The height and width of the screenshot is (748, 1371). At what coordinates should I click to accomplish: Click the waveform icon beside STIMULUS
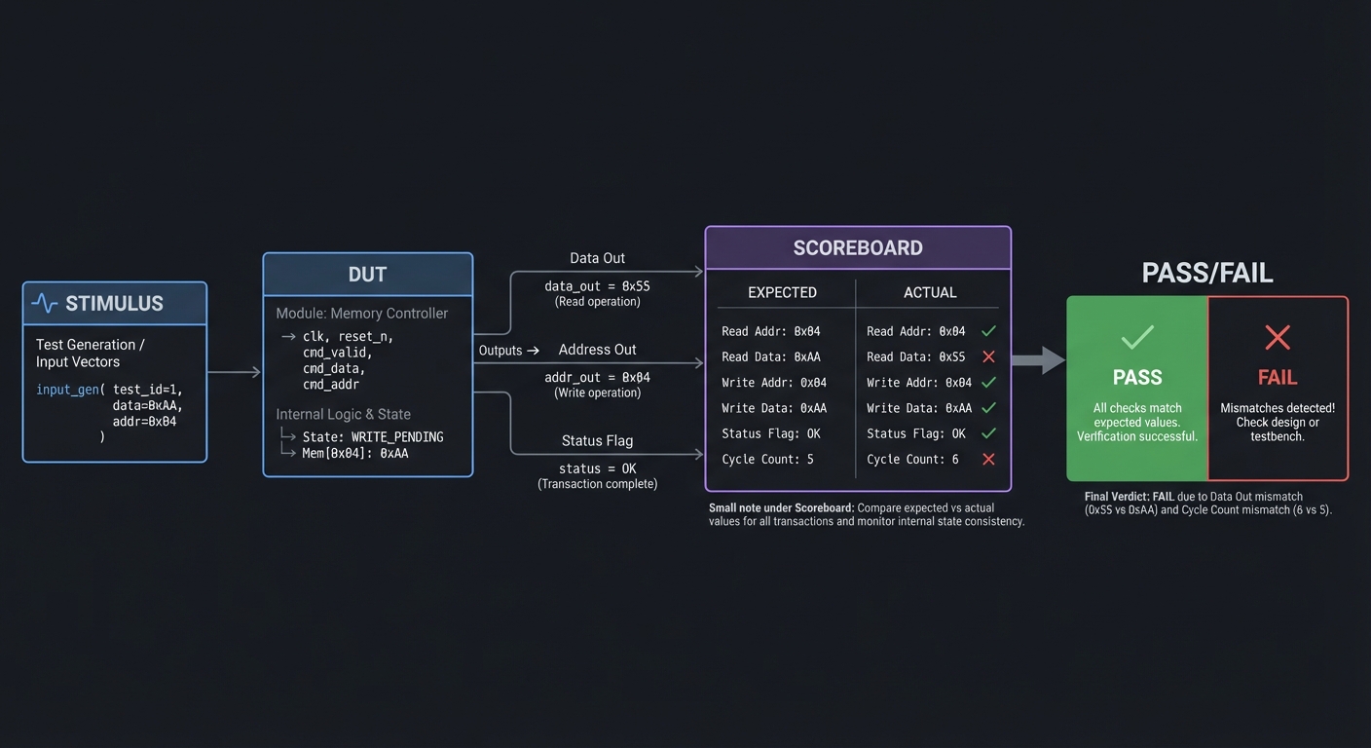coord(45,304)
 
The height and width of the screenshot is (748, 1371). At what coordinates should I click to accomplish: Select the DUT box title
coord(367,275)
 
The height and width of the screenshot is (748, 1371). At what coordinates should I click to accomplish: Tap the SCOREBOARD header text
coord(857,248)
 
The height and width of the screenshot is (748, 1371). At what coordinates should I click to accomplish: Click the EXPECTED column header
coord(782,292)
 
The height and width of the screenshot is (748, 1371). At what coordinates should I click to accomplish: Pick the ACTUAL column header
coord(930,292)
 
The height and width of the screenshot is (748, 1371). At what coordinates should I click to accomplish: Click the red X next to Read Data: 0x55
coord(988,357)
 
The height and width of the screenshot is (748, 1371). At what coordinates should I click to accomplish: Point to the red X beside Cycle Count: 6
coord(988,460)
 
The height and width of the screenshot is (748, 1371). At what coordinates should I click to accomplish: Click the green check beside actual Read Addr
coord(988,331)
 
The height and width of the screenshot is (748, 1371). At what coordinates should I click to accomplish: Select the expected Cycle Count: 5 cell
coord(767,460)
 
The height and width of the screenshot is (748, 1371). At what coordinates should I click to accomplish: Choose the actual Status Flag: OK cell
coord(915,434)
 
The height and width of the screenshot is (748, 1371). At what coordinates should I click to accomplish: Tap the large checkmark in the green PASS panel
coord(1136,338)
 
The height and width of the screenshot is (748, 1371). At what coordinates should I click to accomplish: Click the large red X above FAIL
coord(1277,338)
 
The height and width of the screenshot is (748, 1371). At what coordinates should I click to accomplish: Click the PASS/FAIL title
coord(1206,273)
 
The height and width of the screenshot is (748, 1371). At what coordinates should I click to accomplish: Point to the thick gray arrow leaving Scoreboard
coord(1038,360)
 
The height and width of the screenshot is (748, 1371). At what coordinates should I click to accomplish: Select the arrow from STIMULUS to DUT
coord(235,372)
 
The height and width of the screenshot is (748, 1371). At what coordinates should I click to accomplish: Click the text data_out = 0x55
coord(597,286)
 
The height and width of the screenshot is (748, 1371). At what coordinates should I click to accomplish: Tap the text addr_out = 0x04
coord(597,378)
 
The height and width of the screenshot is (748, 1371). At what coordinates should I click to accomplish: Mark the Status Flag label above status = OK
coord(597,441)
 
